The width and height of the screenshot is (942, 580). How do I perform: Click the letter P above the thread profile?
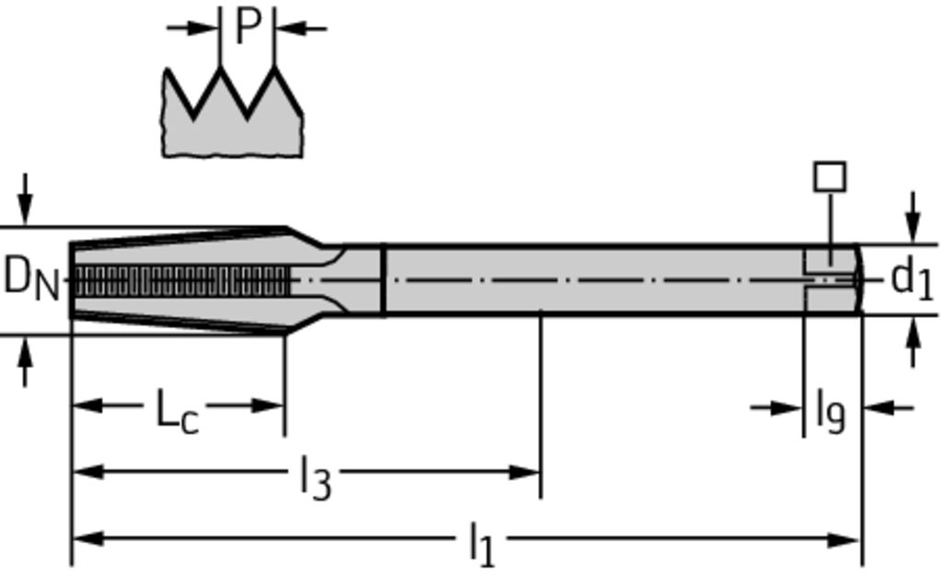(248, 27)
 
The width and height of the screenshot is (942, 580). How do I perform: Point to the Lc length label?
(177, 410)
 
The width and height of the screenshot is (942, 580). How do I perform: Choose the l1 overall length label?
(482, 544)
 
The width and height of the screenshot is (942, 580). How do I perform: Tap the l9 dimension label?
(831, 412)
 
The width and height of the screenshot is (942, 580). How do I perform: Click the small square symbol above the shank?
(830, 176)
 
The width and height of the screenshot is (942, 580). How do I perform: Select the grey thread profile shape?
(233, 112)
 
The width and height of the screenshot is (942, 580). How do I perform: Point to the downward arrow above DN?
(25, 199)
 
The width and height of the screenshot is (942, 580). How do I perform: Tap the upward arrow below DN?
(25, 361)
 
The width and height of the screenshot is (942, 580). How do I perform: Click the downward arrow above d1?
(913, 217)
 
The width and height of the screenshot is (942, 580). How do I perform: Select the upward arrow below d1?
(913, 342)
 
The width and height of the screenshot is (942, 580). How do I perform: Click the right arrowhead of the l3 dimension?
(523, 472)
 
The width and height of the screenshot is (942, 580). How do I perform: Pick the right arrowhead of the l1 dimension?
(844, 540)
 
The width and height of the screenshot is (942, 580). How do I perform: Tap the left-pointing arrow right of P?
(301, 28)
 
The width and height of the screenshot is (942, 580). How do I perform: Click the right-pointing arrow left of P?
(193, 28)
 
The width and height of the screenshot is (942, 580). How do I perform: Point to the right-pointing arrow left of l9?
(776, 408)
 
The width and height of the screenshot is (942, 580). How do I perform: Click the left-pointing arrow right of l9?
(889, 408)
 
